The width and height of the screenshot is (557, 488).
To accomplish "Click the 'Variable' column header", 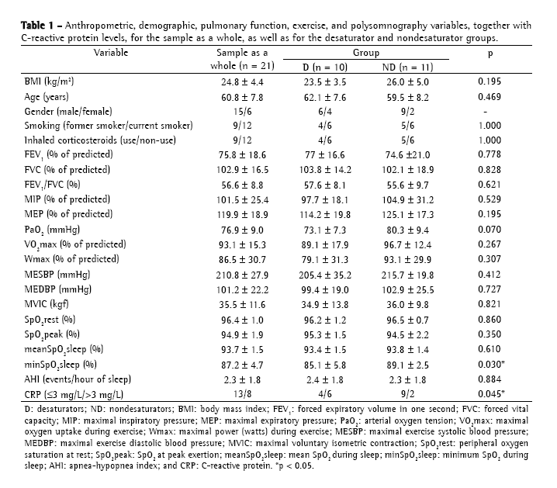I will tap(110, 53).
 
